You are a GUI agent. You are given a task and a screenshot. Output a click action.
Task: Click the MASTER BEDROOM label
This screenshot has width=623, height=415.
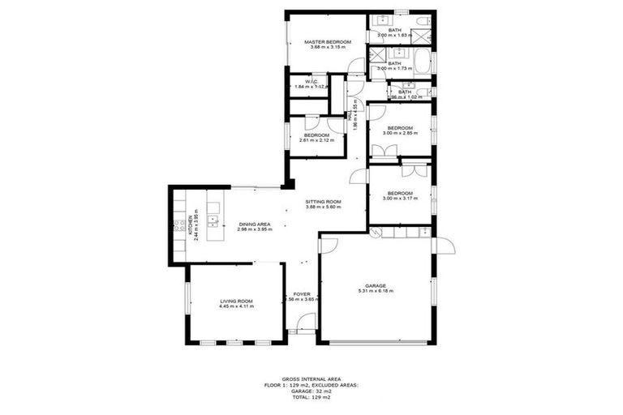(328, 41)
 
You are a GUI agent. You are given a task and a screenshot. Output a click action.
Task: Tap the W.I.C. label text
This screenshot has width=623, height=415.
(311, 82)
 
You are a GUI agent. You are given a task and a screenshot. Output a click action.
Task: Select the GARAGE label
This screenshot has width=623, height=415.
(375, 285)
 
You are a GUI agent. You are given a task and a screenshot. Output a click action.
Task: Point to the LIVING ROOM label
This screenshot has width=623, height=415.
(236, 302)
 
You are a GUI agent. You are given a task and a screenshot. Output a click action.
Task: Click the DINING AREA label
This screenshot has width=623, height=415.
(254, 224)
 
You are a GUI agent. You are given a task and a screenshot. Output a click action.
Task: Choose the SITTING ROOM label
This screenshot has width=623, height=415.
(323, 202)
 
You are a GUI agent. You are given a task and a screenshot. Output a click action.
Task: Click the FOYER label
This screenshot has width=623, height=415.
(303, 293)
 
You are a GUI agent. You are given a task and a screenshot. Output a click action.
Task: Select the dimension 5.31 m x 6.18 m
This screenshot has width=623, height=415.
(375, 291)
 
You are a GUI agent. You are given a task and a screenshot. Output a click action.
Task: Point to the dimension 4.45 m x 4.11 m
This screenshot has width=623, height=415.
(236, 307)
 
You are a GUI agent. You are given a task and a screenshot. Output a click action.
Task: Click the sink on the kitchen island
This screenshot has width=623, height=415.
(213, 219)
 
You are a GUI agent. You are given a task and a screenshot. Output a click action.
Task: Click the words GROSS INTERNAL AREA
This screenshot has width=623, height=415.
(311, 379)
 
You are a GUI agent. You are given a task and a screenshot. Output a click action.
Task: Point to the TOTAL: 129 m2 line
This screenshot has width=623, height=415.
(311, 397)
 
